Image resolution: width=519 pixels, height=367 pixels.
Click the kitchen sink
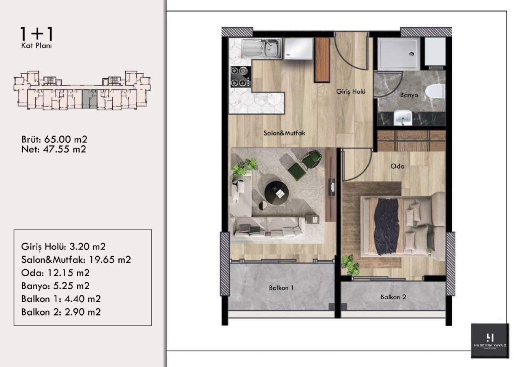click(x=261, y=49)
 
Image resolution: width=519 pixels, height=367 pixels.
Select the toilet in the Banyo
click(x=434, y=91)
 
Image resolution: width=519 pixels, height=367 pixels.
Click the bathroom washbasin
click(x=403, y=118)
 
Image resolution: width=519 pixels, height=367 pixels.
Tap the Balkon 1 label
click(x=281, y=288)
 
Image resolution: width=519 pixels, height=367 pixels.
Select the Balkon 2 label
click(x=393, y=297)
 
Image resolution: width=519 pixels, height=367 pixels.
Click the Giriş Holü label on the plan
click(x=351, y=92)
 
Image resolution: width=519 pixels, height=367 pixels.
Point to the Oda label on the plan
click(x=397, y=166)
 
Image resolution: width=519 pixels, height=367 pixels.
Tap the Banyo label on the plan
click(x=409, y=95)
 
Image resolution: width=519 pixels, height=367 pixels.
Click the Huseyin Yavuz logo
click(x=490, y=341)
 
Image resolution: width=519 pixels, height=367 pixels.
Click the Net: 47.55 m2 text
click(x=54, y=149)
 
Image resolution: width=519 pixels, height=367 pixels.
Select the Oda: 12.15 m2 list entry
click(x=55, y=273)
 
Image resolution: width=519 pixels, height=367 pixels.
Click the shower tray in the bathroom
click(x=399, y=53)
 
